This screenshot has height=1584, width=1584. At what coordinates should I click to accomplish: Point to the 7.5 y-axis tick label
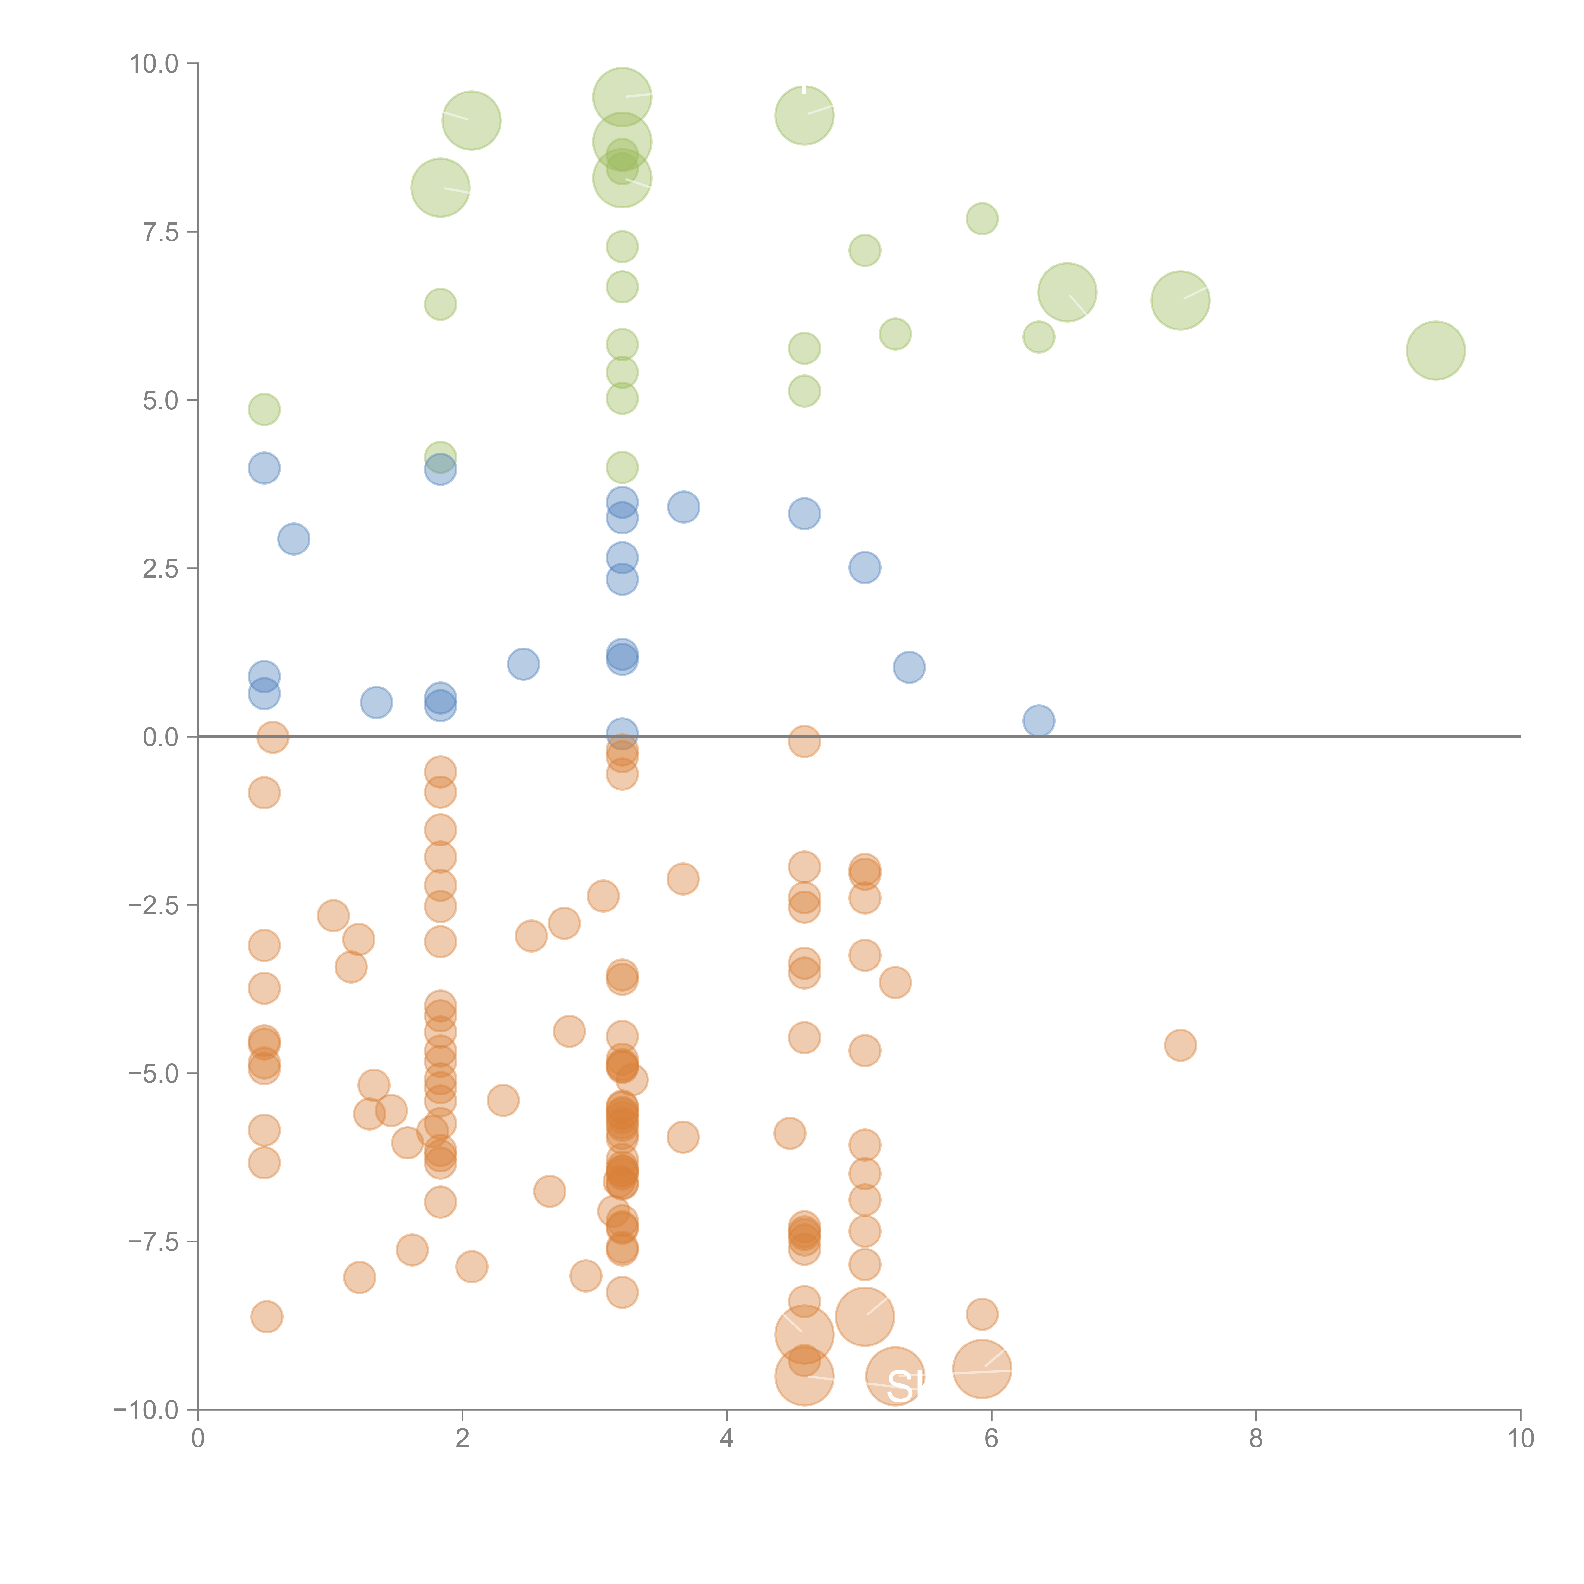tap(161, 232)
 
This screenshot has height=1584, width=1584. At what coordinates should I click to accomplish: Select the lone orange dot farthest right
tap(1180, 1044)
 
